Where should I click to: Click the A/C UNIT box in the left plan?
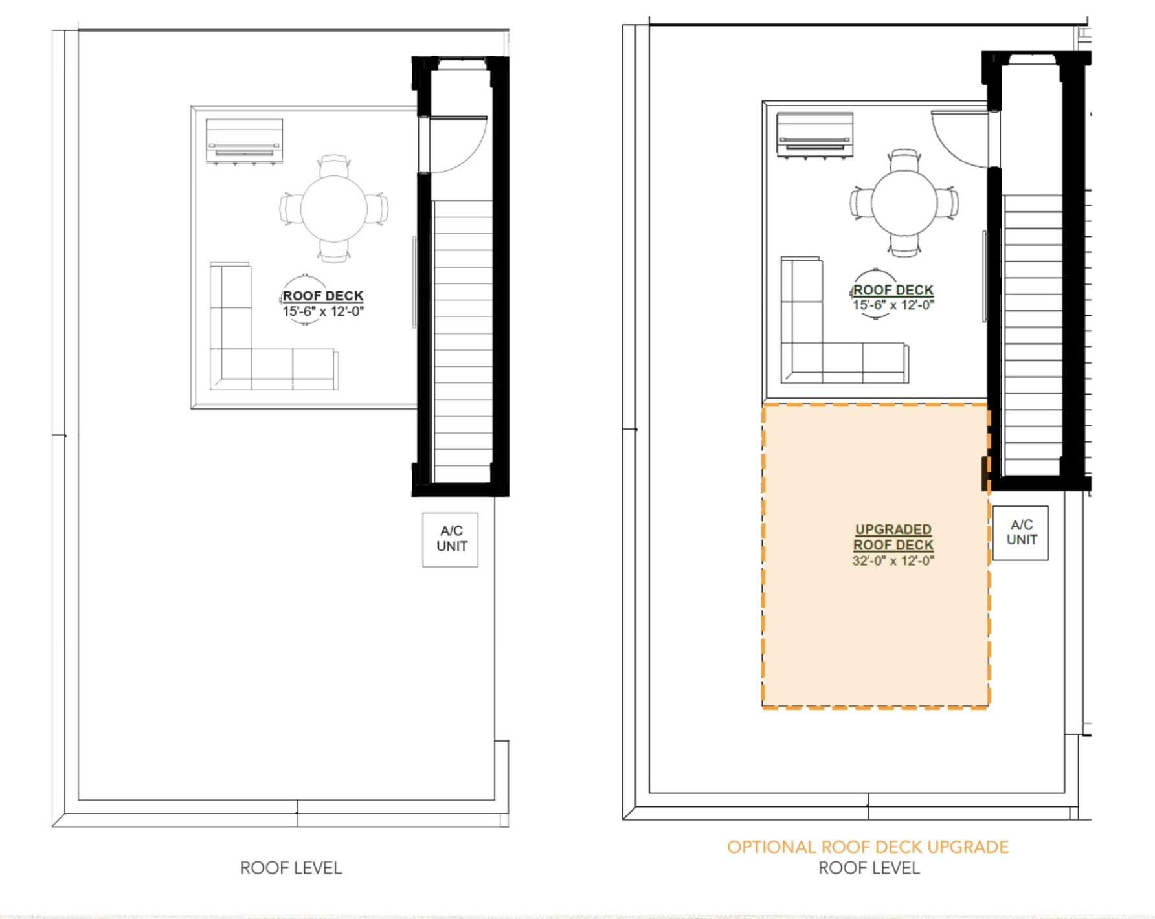coord(450,540)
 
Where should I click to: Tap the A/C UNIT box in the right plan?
coord(1020,533)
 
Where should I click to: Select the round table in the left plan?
coord(333,209)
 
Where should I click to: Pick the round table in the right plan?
coord(904,203)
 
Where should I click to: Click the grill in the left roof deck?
coord(244,141)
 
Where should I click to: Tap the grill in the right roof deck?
coord(815,135)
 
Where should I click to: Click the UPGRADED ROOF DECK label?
coord(893,537)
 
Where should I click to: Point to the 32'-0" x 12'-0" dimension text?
coord(893,561)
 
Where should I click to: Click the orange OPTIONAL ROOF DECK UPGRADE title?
coord(868,847)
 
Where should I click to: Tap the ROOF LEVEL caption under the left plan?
coord(291,868)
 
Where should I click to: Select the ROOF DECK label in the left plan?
coord(323,296)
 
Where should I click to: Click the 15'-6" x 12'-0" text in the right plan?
coord(893,305)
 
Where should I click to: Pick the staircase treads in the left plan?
coord(462,341)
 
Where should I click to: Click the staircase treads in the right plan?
coord(1033,335)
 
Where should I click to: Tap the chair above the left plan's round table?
coord(334,166)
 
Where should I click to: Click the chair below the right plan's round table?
coord(904,246)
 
